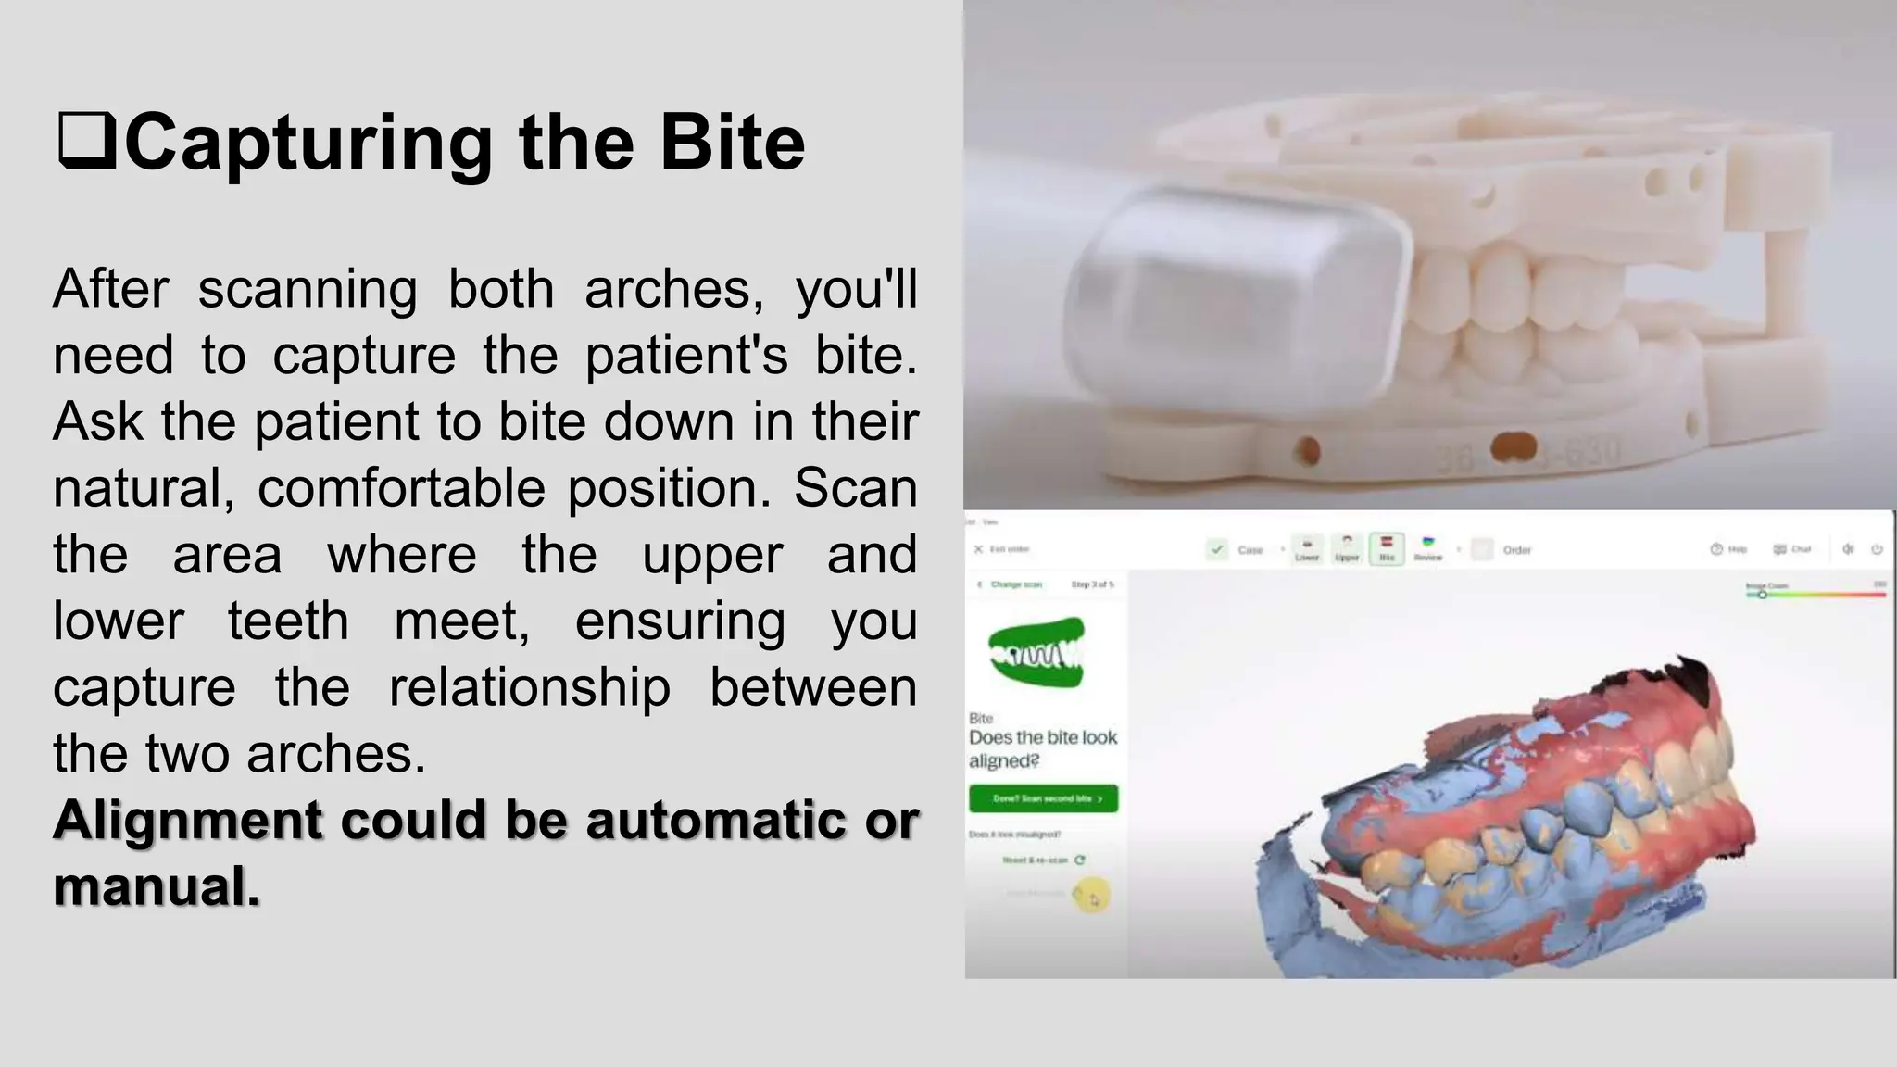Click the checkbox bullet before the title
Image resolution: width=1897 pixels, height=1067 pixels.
(x=86, y=142)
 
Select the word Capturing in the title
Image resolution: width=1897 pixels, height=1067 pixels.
(x=308, y=144)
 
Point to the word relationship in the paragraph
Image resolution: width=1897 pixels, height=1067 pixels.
(x=529, y=687)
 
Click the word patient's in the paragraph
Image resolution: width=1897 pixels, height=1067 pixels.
(x=685, y=355)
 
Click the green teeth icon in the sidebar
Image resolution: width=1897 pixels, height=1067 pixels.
(x=1036, y=654)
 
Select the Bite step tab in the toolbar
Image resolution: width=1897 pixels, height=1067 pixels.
(x=1387, y=548)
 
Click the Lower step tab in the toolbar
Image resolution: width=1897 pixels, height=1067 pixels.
(x=1307, y=548)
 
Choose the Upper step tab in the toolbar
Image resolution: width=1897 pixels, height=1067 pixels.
(x=1347, y=548)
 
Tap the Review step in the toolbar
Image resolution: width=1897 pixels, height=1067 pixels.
(x=1427, y=548)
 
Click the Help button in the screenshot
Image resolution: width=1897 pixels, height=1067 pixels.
(x=1728, y=549)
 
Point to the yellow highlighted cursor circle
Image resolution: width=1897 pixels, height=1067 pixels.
(x=1091, y=896)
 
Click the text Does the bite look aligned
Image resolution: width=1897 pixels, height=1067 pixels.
(x=1042, y=748)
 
